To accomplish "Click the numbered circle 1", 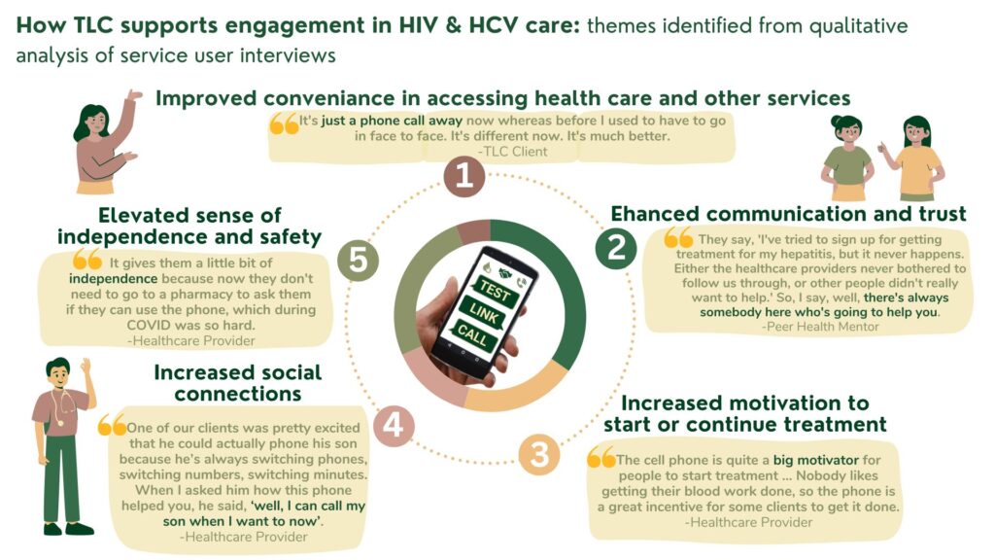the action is pos(464,176).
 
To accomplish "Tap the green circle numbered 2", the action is pos(616,248).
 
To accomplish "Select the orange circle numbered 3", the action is pos(538,455).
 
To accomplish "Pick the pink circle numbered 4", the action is pos(394,426).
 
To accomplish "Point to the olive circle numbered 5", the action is pos(358,261).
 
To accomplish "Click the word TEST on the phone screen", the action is pos(495,290).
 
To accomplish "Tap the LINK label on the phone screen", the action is pos(484,313).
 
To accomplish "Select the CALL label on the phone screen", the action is pos(472,334).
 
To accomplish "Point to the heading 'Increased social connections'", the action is pos(238,383).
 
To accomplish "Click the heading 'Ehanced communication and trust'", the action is pos(788,214).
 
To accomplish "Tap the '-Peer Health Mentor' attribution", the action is pos(820,327).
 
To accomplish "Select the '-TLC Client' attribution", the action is pos(512,152).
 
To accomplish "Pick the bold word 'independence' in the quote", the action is pos(113,279).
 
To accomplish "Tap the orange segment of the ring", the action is pos(521,392).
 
